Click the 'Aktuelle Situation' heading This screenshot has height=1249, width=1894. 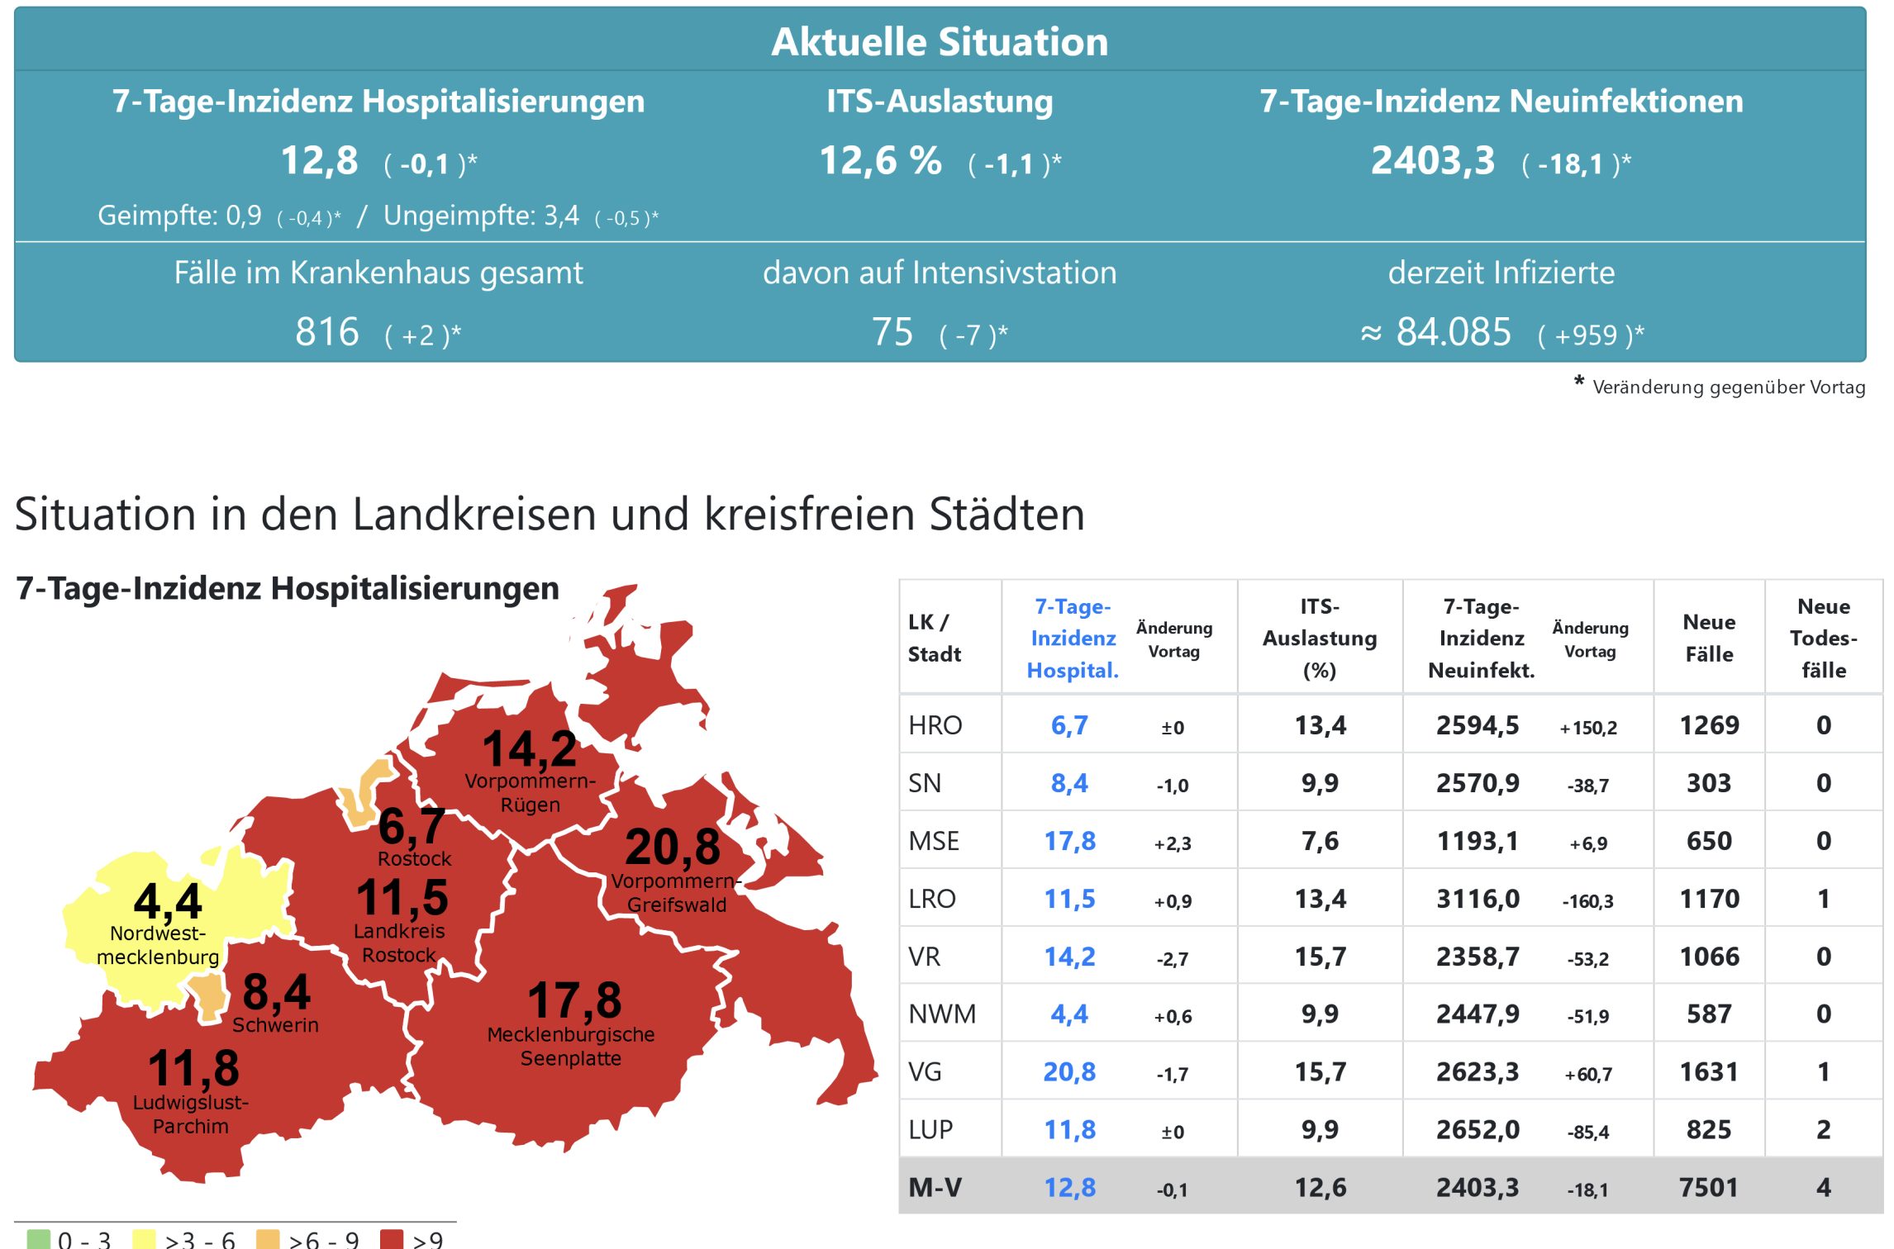[940, 41]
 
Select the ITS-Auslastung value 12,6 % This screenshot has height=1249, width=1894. [880, 160]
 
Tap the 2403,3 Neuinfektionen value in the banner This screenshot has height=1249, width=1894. [1433, 160]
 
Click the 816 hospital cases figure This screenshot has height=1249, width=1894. [327, 332]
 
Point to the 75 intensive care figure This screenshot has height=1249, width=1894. [892, 332]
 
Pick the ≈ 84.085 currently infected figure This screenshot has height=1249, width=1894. [1437, 332]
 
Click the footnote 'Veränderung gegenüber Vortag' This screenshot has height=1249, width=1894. [1728, 387]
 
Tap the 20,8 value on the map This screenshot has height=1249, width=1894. [673, 846]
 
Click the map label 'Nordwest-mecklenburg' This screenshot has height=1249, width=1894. [158, 945]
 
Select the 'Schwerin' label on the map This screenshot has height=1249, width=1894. [275, 1025]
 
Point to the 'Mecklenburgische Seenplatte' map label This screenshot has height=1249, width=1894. [571, 1047]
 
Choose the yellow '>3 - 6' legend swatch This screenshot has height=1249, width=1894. [144, 1239]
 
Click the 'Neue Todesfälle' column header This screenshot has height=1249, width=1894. [1824, 638]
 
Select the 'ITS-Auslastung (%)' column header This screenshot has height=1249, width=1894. [1320, 638]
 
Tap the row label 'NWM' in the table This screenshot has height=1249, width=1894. [942, 1014]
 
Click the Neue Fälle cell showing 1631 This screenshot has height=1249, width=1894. [1709, 1071]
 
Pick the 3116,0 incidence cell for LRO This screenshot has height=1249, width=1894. [1478, 899]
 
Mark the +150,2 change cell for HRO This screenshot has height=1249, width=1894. [1588, 728]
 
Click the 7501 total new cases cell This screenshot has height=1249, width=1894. [1709, 1187]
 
